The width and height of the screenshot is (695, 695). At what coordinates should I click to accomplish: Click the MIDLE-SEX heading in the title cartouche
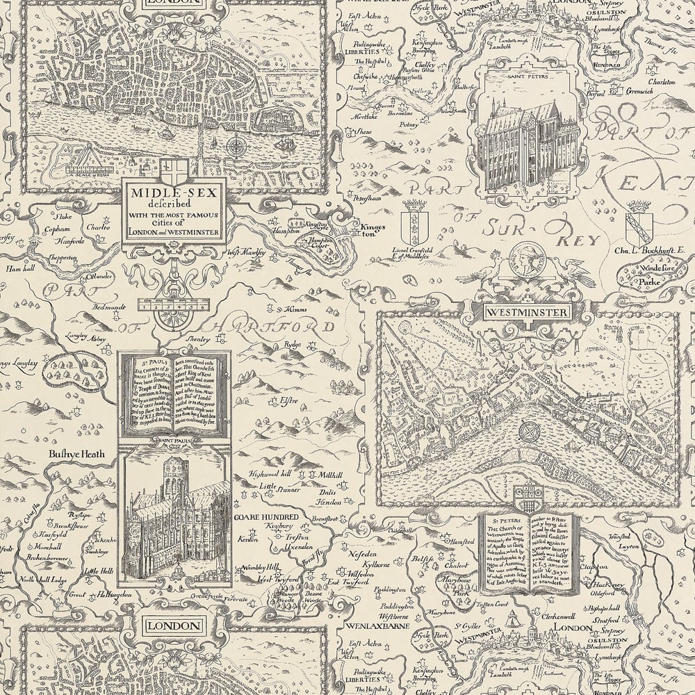coord(174,193)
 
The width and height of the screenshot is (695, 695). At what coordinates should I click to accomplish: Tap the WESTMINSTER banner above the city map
coord(528,313)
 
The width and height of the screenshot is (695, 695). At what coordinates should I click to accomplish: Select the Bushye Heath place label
coord(76,454)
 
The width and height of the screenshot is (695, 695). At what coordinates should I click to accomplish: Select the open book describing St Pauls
coord(174,393)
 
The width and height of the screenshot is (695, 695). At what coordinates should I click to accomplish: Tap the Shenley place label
coord(190,333)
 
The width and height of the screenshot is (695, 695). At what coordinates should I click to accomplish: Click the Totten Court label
coord(493,614)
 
